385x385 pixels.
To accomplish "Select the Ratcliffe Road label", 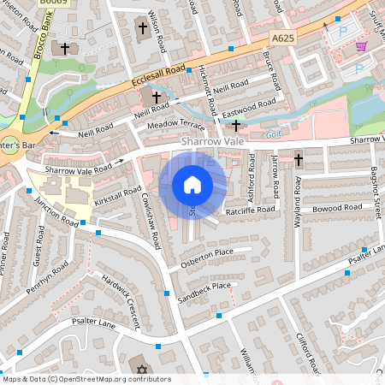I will [251, 209].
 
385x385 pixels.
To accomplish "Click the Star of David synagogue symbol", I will [143, 370].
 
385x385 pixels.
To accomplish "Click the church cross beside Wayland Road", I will [299, 160].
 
